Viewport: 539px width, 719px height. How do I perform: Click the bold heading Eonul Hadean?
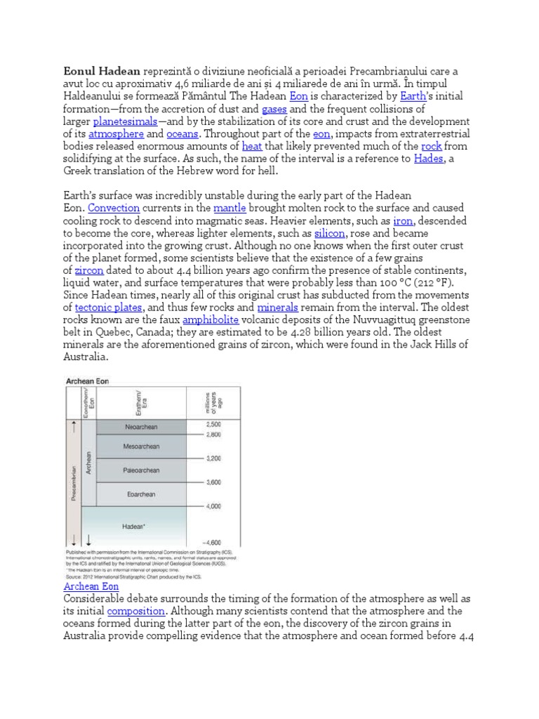102,72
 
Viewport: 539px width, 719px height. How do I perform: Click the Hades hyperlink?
429,159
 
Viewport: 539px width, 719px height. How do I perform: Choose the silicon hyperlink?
329,233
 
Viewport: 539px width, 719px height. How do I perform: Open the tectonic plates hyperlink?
109,308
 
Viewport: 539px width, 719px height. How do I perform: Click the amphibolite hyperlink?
211,320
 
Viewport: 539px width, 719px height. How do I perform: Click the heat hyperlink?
252,146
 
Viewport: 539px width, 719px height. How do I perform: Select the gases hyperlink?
274,109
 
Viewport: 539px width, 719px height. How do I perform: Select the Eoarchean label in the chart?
141,494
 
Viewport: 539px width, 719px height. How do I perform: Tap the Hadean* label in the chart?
133,526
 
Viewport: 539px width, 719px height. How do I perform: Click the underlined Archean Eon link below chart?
91,586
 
